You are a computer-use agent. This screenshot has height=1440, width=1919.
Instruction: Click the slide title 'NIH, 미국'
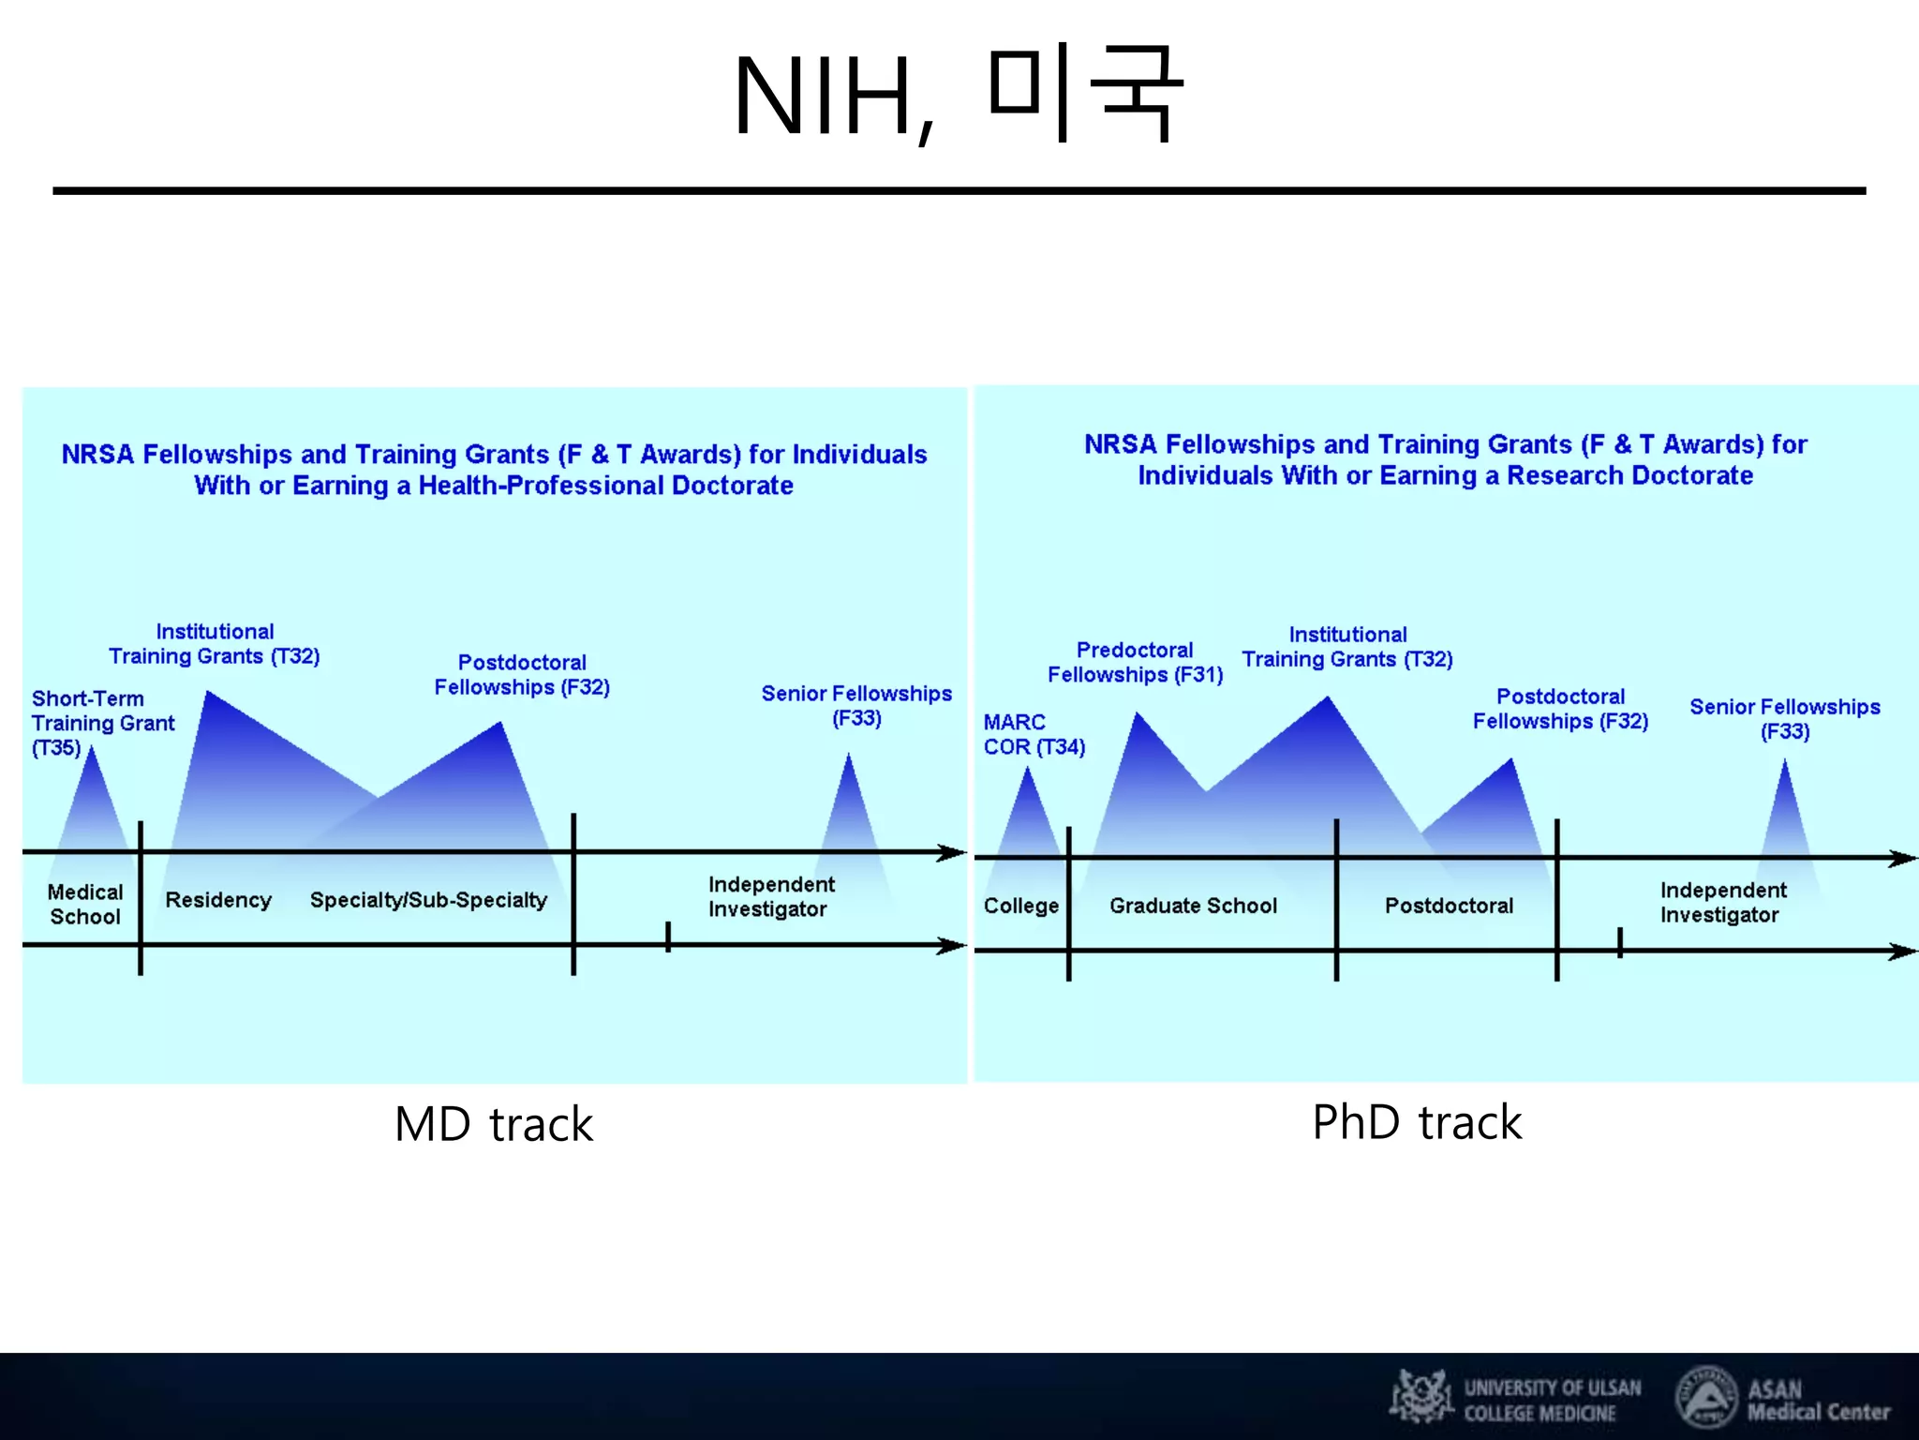[958, 96]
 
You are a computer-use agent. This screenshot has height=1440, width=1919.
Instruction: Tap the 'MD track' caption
[494, 1124]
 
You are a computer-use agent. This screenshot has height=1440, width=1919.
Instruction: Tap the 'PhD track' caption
[1417, 1122]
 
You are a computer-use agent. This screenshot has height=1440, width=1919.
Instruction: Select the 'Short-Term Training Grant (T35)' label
[102, 723]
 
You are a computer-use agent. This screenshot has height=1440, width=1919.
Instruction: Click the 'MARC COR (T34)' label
[1034, 735]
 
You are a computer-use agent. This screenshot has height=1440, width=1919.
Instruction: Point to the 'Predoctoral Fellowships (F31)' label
[1135, 663]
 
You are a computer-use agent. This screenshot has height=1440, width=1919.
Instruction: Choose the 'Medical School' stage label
[85, 905]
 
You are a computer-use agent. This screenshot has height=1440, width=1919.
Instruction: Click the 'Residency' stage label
[218, 900]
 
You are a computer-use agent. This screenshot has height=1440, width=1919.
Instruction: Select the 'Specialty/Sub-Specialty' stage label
[428, 900]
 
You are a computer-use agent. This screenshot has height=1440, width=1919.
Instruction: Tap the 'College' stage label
[1020, 906]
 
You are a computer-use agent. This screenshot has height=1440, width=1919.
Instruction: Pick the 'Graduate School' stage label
[1193, 906]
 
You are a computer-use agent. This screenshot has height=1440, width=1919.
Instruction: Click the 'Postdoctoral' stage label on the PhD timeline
[1449, 906]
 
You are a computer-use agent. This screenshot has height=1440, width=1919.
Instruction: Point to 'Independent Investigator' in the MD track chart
[770, 897]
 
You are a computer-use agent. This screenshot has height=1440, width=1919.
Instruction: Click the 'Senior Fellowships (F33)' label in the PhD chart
[1784, 719]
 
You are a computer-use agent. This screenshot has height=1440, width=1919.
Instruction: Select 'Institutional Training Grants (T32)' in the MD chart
[215, 644]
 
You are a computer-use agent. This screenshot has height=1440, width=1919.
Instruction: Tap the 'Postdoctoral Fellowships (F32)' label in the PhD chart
[1560, 709]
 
